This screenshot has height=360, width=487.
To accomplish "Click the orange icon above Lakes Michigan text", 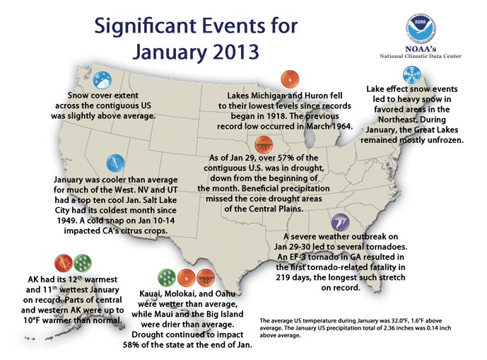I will [x=286, y=79].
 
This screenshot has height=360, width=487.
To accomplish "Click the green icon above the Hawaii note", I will [x=167, y=277].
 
